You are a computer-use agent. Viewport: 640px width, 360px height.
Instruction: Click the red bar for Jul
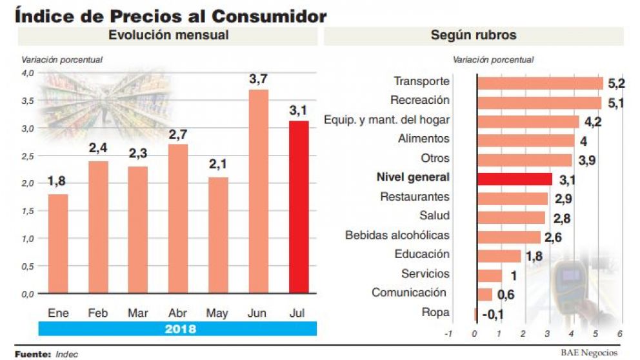click(x=299, y=206)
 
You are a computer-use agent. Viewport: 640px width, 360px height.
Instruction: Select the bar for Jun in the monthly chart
click(x=258, y=191)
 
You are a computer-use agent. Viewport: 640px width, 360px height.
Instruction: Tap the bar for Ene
click(x=58, y=243)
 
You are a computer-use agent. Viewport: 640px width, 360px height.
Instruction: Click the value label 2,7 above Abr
click(x=177, y=135)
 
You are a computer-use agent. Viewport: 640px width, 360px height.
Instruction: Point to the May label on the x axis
click(x=217, y=314)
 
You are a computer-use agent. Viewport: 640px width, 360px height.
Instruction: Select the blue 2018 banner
click(x=177, y=328)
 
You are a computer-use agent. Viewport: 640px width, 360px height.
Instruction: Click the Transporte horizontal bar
click(x=539, y=83)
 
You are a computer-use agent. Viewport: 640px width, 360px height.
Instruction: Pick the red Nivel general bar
click(x=514, y=179)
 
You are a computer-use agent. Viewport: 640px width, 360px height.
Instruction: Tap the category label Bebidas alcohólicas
click(x=397, y=235)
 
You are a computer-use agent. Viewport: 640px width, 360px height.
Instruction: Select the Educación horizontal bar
click(x=499, y=255)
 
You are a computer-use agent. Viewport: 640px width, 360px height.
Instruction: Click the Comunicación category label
click(x=409, y=293)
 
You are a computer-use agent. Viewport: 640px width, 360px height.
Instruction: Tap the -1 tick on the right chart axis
click(x=447, y=334)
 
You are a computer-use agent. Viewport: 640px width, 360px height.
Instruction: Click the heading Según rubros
click(x=474, y=35)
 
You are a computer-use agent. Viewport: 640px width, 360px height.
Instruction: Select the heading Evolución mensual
click(x=168, y=35)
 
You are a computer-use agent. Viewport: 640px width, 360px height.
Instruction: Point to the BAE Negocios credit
click(x=588, y=352)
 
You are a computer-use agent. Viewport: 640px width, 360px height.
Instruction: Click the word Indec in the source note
click(x=67, y=354)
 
